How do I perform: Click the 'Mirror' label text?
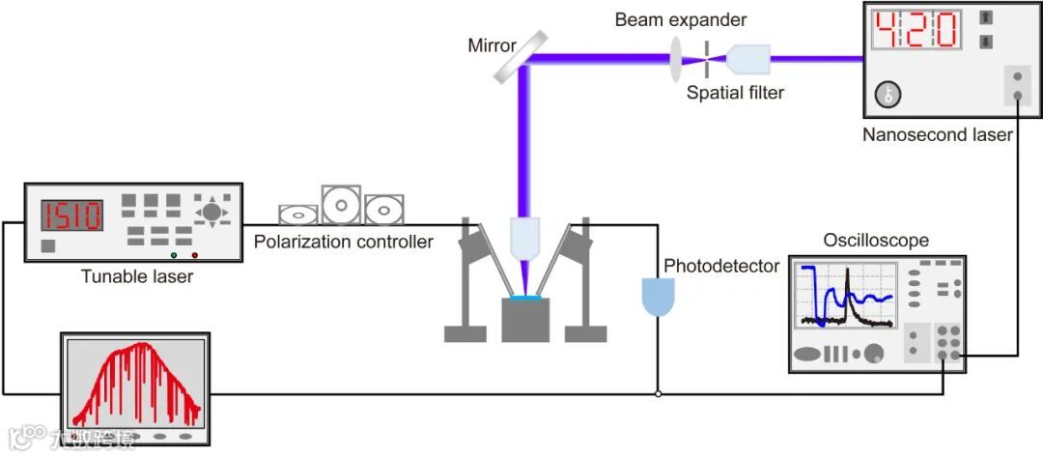[492, 44]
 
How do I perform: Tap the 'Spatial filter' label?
[735, 93]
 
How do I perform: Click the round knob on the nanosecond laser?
[889, 94]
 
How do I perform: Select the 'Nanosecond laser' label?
[937, 135]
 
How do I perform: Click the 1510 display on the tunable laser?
[70, 215]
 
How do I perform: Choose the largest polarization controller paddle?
[342, 203]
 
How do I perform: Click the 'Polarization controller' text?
[343, 242]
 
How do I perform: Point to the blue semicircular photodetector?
[659, 296]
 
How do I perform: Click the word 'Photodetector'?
[720, 266]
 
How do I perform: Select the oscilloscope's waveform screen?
[845, 294]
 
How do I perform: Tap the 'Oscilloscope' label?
[876, 240]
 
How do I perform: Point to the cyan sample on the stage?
[525, 299]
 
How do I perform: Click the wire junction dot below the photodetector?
[658, 394]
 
